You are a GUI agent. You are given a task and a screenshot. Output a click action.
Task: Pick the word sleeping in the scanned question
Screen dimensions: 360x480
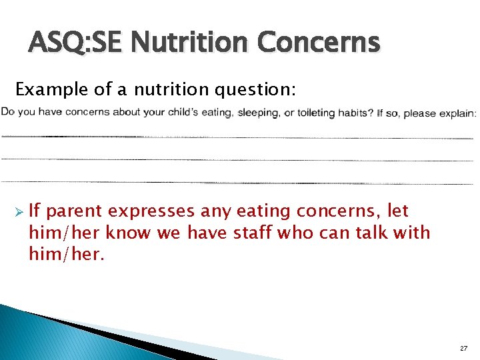(x=259, y=113)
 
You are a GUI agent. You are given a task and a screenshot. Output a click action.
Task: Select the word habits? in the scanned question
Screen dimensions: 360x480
(x=355, y=113)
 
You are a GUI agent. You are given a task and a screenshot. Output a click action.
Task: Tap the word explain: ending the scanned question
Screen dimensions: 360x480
(x=457, y=113)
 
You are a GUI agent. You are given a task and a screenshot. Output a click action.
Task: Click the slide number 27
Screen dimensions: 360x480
(x=464, y=349)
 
